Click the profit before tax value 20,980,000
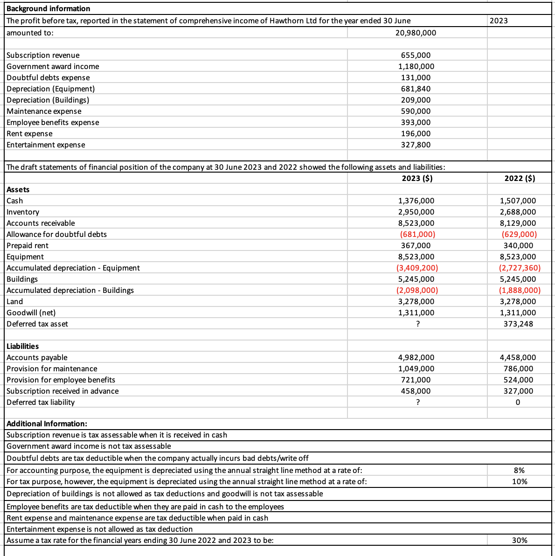point(416,33)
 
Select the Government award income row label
point(53,66)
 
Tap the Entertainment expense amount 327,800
point(416,145)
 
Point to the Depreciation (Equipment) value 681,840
point(416,89)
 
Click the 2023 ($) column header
point(417,178)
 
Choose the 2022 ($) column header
point(520,178)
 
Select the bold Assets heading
point(18,189)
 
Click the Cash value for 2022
point(518,201)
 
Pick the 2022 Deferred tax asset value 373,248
point(518,324)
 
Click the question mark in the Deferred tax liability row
point(418,402)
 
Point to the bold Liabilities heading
point(23,346)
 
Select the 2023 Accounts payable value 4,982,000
point(416,357)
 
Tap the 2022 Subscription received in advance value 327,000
point(518,391)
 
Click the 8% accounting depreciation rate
point(519,470)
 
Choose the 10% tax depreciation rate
point(520,481)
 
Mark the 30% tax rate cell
point(520,540)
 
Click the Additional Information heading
point(47,424)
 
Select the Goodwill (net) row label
point(31,313)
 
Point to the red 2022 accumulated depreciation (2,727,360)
point(520,268)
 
